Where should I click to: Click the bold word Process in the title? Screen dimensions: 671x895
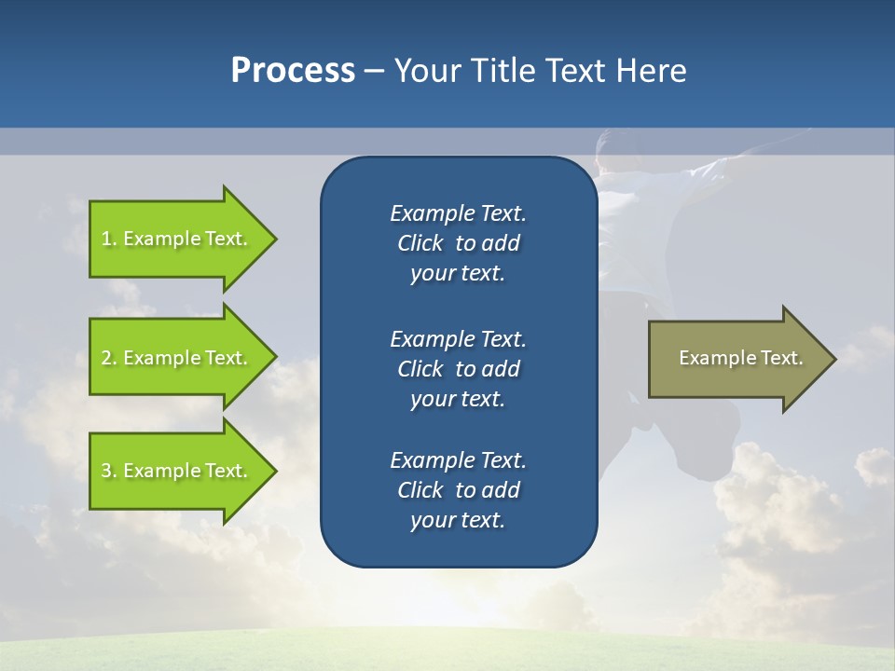(293, 71)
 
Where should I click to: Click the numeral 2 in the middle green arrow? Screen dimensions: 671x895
(107, 358)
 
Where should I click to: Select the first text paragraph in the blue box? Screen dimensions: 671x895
(458, 243)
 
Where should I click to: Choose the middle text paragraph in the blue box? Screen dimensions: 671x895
(458, 369)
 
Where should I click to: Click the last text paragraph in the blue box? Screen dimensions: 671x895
(458, 490)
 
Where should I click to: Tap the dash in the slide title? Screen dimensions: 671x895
(374, 72)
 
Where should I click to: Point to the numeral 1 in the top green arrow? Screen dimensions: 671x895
(107, 239)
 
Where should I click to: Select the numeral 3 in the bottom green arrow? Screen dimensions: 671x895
(107, 471)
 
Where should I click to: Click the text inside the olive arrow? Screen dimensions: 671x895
(740, 358)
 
